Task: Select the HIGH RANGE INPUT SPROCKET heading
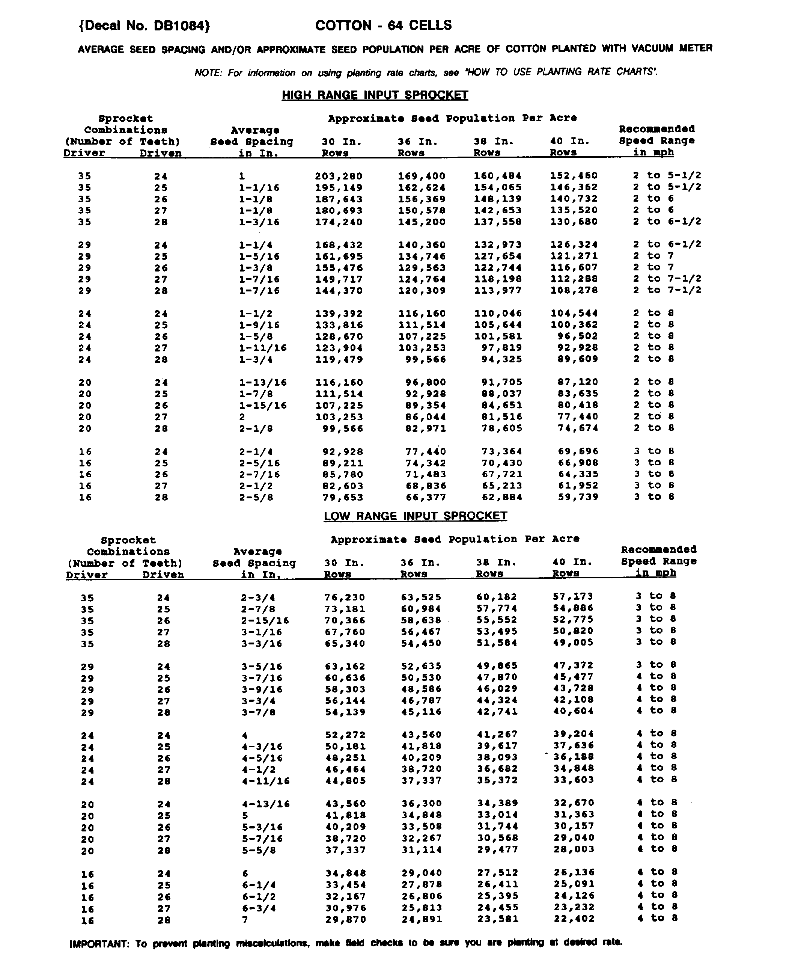pyautogui.click(x=375, y=95)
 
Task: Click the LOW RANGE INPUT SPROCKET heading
pyautogui.click(x=415, y=516)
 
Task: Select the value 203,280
pyautogui.click(x=339, y=177)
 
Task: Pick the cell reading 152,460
pyautogui.click(x=574, y=176)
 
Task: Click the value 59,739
pyautogui.click(x=578, y=497)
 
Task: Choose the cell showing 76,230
pyautogui.click(x=345, y=598)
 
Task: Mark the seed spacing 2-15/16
pyautogui.click(x=265, y=621)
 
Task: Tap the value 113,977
pyautogui.click(x=498, y=291)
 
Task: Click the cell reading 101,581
pyautogui.click(x=498, y=336)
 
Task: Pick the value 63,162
pyautogui.click(x=345, y=666)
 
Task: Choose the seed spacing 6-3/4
pyautogui.click(x=258, y=908)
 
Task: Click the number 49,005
pyautogui.click(x=573, y=643)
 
